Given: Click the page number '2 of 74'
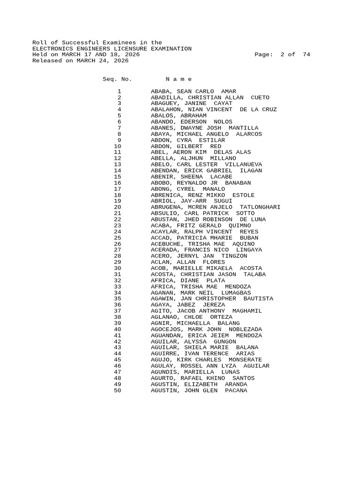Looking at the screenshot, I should click(x=295, y=55).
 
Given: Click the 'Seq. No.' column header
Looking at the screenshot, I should click(x=117, y=79).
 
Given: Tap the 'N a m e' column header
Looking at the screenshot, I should click(x=179, y=79).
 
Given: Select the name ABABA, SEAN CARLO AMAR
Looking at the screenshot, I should click(x=193, y=91).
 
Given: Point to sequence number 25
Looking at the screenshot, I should click(x=117, y=238).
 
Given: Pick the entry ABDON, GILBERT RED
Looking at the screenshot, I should click(x=186, y=146).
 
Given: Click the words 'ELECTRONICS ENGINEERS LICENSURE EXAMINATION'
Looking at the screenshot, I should click(x=112, y=49).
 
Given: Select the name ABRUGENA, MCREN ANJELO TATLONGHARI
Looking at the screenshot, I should click(x=216, y=207).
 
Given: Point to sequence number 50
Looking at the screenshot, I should click(x=117, y=390).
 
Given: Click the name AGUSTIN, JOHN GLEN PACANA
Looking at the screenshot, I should click(x=199, y=390).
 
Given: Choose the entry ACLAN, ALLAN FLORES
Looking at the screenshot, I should click(x=188, y=262).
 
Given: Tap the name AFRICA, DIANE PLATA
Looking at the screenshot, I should click(x=188, y=280).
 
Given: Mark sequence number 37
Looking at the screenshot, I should click(x=117, y=311).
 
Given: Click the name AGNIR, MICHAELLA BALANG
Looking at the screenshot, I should click(x=195, y=323).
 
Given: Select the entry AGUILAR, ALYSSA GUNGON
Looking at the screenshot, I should click(x=193, y=341).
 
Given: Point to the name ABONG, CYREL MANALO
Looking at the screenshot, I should click(x=188, y=189).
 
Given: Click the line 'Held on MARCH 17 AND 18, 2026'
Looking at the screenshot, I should click(x=86, y=55).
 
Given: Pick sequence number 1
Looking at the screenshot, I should click(x=119, y=91).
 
